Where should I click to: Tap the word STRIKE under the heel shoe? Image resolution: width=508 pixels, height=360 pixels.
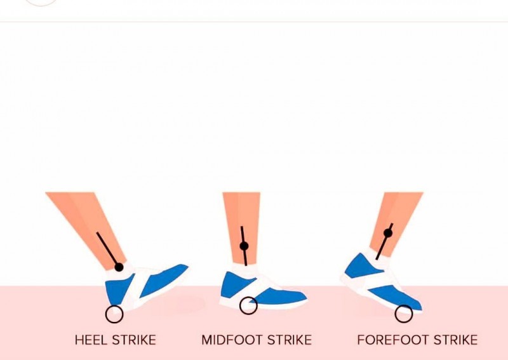click(134, 340)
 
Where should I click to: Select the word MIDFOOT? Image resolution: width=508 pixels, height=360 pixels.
click(232, 340)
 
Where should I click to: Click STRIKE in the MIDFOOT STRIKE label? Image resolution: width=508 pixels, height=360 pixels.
click(290, 340)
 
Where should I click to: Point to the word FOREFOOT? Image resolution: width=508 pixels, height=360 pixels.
click(393, 340)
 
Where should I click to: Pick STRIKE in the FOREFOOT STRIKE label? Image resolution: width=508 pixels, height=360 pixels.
click(455, 340)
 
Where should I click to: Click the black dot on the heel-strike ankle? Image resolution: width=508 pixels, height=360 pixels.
click(119, 267)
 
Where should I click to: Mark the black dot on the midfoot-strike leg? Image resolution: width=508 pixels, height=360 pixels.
click(244, 246)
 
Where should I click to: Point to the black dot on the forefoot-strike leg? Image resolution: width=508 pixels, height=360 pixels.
click(388, 233)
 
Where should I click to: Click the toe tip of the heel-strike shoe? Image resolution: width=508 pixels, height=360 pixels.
click(188, 267)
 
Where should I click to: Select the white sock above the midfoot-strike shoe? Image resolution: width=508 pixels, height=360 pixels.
click(245, 270)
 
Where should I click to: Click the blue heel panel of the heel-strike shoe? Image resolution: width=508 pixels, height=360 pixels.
click(118, 290)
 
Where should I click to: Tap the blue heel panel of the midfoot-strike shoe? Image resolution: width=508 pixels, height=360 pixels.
click(235, 285)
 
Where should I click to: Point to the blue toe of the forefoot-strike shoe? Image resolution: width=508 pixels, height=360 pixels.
click(399, 298)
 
